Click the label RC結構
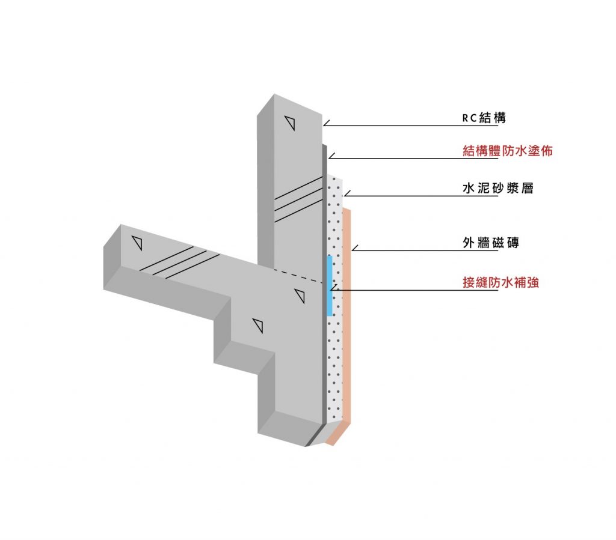click(x=484, y=118)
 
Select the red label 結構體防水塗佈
click(x=508, y=151)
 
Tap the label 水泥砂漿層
click(x=497, y=188)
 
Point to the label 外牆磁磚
click(x=491, y=243)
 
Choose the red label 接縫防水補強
click(x=500, y=282)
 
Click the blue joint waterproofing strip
click(x=330, y=285)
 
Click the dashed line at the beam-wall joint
click(x=298, y=276)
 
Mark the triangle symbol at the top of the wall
click(x=290, y=123)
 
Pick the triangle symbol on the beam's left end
click(x=137, y=243)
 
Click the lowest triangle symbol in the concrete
click(x=258, y=326)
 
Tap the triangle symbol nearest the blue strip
click(x=300, y=296)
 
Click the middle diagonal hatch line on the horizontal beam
click(x=179, y=262)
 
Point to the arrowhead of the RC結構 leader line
click(x=324, y=126)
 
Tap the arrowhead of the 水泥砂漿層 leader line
click(x=345, y=196)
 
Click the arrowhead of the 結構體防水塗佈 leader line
click(x=329, y=158)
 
